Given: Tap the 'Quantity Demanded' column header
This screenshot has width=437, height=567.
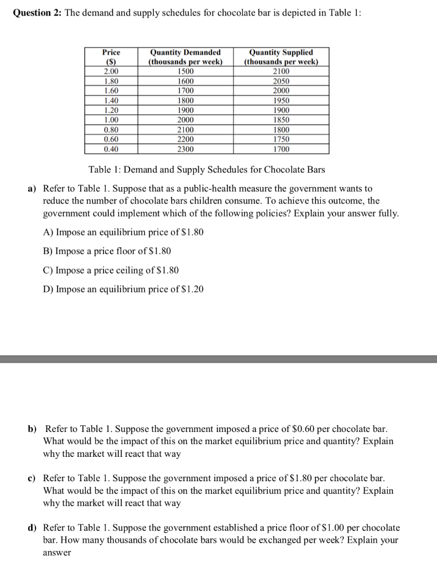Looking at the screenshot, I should click(x=185, y=56).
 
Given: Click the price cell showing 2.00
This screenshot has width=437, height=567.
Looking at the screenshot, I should click(x=111, y=71).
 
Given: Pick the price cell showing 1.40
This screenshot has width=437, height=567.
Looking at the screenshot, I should click(x=111, y=100).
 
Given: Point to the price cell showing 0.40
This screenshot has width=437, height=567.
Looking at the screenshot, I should click(x=111, y=149).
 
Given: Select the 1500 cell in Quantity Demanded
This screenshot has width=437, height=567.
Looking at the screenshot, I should click(x=185, y=71).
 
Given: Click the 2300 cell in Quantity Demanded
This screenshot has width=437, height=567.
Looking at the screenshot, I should click(x=185, y=149).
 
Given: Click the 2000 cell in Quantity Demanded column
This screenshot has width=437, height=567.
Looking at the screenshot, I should click(x=185, y=120).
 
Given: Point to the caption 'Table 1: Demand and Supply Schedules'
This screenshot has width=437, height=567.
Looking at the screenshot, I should click(x=206, y=169).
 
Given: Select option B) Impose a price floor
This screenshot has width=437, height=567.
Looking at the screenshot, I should click(x=107, y=251).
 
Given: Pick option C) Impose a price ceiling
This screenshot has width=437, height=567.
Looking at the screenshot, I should click(x=111, y=270).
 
